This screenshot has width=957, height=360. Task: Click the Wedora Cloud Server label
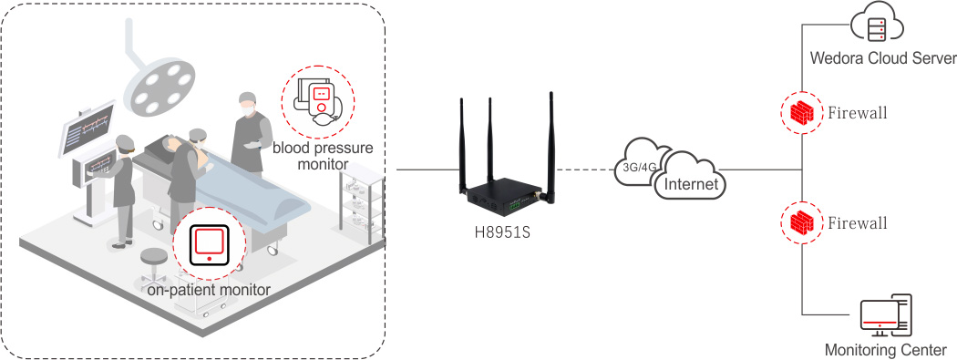pos(882,58)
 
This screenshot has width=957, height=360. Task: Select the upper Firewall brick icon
pos(802,112)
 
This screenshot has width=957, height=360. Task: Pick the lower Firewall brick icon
pos(802,222)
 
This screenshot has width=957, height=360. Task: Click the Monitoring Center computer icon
pos(886,315)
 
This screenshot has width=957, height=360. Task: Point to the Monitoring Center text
pos(886,350)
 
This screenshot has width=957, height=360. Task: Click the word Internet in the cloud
pos(691,183)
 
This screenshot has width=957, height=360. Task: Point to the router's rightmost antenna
pos(551,147)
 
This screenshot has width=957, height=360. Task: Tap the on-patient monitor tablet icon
pos(210,244)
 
